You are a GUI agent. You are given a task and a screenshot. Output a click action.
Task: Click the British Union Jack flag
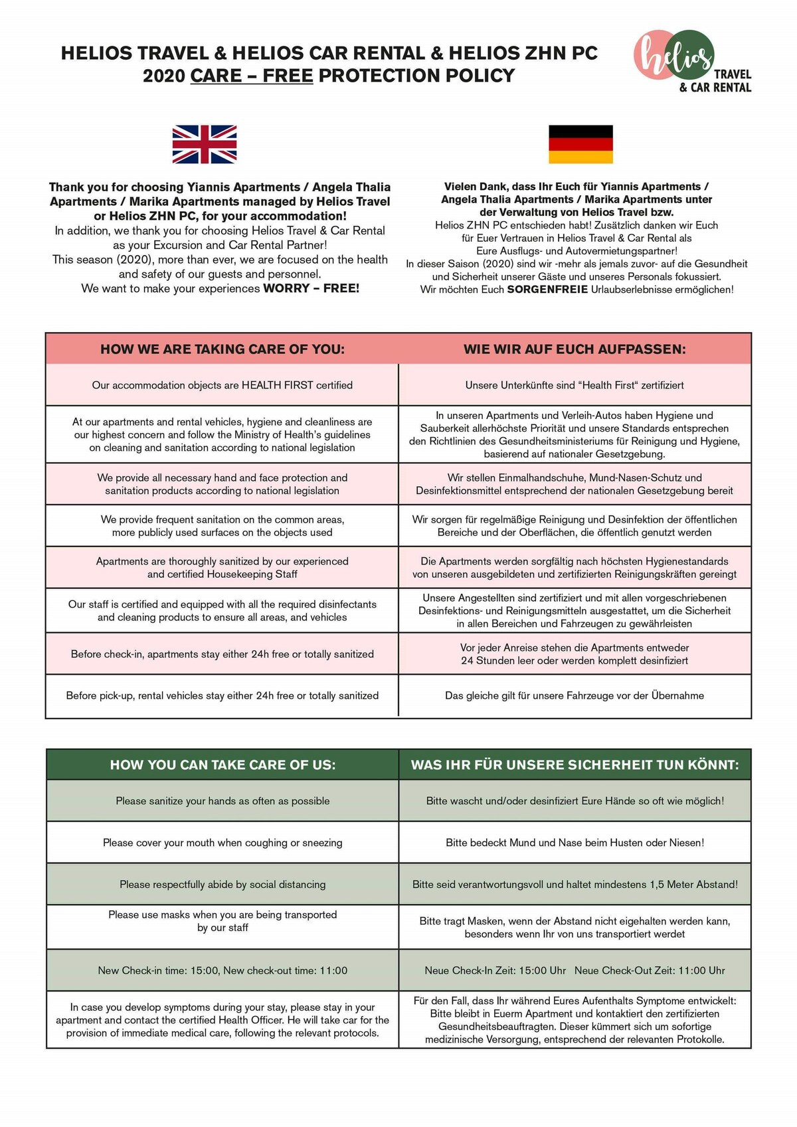pyautogui.click(x=205, y=144)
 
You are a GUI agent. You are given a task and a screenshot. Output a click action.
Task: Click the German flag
pyautogui.click(x=580, y=144)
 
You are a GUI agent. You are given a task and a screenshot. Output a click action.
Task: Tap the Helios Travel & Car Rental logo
pyautogui.click(x=691, y=62)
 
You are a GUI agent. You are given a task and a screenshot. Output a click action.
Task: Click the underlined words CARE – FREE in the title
pyautogui.click(x=252, y=76)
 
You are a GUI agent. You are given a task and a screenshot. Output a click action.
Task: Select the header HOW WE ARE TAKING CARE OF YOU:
pyautogui.click(x=222, y=349)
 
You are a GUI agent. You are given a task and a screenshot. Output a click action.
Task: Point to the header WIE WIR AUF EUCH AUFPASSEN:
pyautogui.click(x=575, y=349)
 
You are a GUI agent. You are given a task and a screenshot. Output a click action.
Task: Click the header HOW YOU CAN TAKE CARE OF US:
pyautogui.click(x=222, y=765)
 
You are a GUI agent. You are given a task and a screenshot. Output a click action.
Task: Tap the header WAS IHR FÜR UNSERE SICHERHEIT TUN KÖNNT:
pyautogui.click(x=575, y=765)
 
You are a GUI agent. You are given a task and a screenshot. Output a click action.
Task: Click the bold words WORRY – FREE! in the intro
pyautogui.click(x=311, y=289)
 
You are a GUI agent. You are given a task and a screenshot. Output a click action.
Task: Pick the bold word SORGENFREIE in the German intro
pyautogui.click(x=547, y=290)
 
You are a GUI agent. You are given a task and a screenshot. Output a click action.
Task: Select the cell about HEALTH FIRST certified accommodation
pyautogui.click(x=222, y=385)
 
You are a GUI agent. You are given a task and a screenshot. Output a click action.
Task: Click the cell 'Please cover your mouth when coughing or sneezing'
pyautogui.click(x=222, y=843)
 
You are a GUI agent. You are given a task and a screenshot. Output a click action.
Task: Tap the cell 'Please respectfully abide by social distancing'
pyautogui.click(x=222, y=885)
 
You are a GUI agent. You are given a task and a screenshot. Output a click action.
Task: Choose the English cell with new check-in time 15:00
pyautogui.click(x=222, y=970)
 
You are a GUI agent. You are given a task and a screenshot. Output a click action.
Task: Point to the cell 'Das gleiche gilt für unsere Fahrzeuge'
pyautogui.click(x=575, y=696)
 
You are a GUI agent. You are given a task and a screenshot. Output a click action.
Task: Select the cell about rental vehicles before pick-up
pyautogui.click(x=222, y=696)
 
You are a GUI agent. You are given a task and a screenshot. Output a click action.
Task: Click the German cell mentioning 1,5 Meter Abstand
pyautogui.click(x=575, y=885)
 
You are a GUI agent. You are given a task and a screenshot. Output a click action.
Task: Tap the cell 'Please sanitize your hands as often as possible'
pyautogui.click(x=222, y=801)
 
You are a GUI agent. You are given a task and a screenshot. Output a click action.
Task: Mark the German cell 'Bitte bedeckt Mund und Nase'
pyautogui.click(x=575, y=843)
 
